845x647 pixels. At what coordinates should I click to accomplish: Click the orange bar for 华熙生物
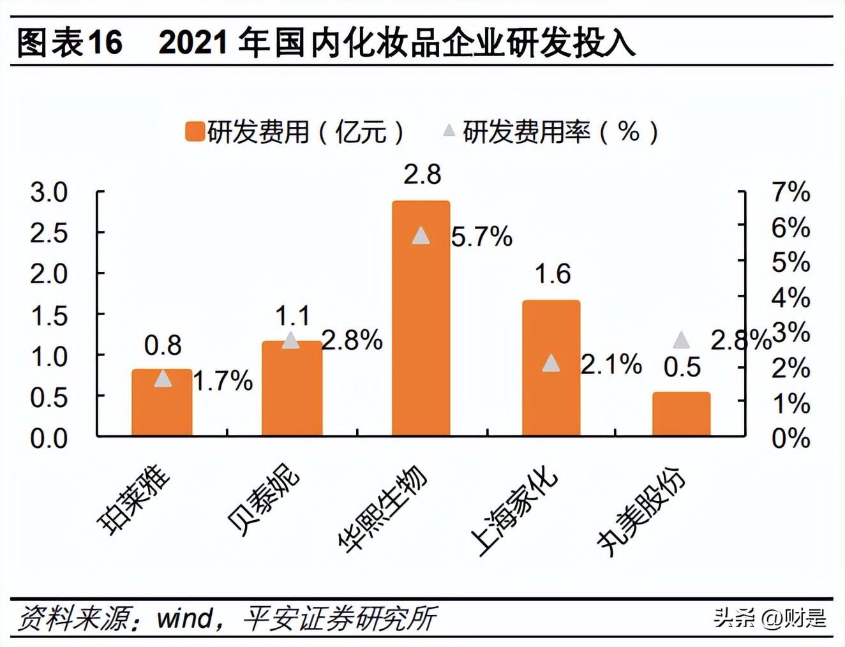click(x=421, y=319)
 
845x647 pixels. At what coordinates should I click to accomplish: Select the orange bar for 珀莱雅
click(x=162, y=403)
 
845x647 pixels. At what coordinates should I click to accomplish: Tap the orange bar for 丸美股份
click(x=681, y=414)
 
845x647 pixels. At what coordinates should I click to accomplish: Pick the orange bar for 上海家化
click(x=551, y=368)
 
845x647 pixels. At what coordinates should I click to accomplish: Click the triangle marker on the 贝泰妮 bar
click(x=291, y=340)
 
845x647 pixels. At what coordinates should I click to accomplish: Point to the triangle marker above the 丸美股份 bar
click(x=681, y=340)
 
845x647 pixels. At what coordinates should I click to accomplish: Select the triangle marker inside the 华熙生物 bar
click(x=421, y=235)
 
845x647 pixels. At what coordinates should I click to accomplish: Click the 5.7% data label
click(x=481, y=237)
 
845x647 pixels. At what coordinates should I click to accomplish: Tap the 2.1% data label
click(x=611, y=365)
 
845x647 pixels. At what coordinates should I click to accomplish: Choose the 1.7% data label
click(x=223, y=381)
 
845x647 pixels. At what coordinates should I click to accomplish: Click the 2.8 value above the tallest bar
click(x=422, y=174)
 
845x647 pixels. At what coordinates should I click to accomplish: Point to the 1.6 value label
click(x=552, y=274)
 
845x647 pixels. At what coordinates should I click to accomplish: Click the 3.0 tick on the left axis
click(x=49, y=192)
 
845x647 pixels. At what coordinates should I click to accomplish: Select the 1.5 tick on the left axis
click(x=49, y=315)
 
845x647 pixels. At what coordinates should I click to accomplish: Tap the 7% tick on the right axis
click(x=791, y=191)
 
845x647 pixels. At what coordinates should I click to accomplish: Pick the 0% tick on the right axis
click(x=791, y=438)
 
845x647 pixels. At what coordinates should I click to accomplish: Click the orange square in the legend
click(x=194, y=131)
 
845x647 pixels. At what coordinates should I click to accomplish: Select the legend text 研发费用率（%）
click(x=560, y=132)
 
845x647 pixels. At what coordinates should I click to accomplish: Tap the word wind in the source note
click(x=185, y=618)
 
